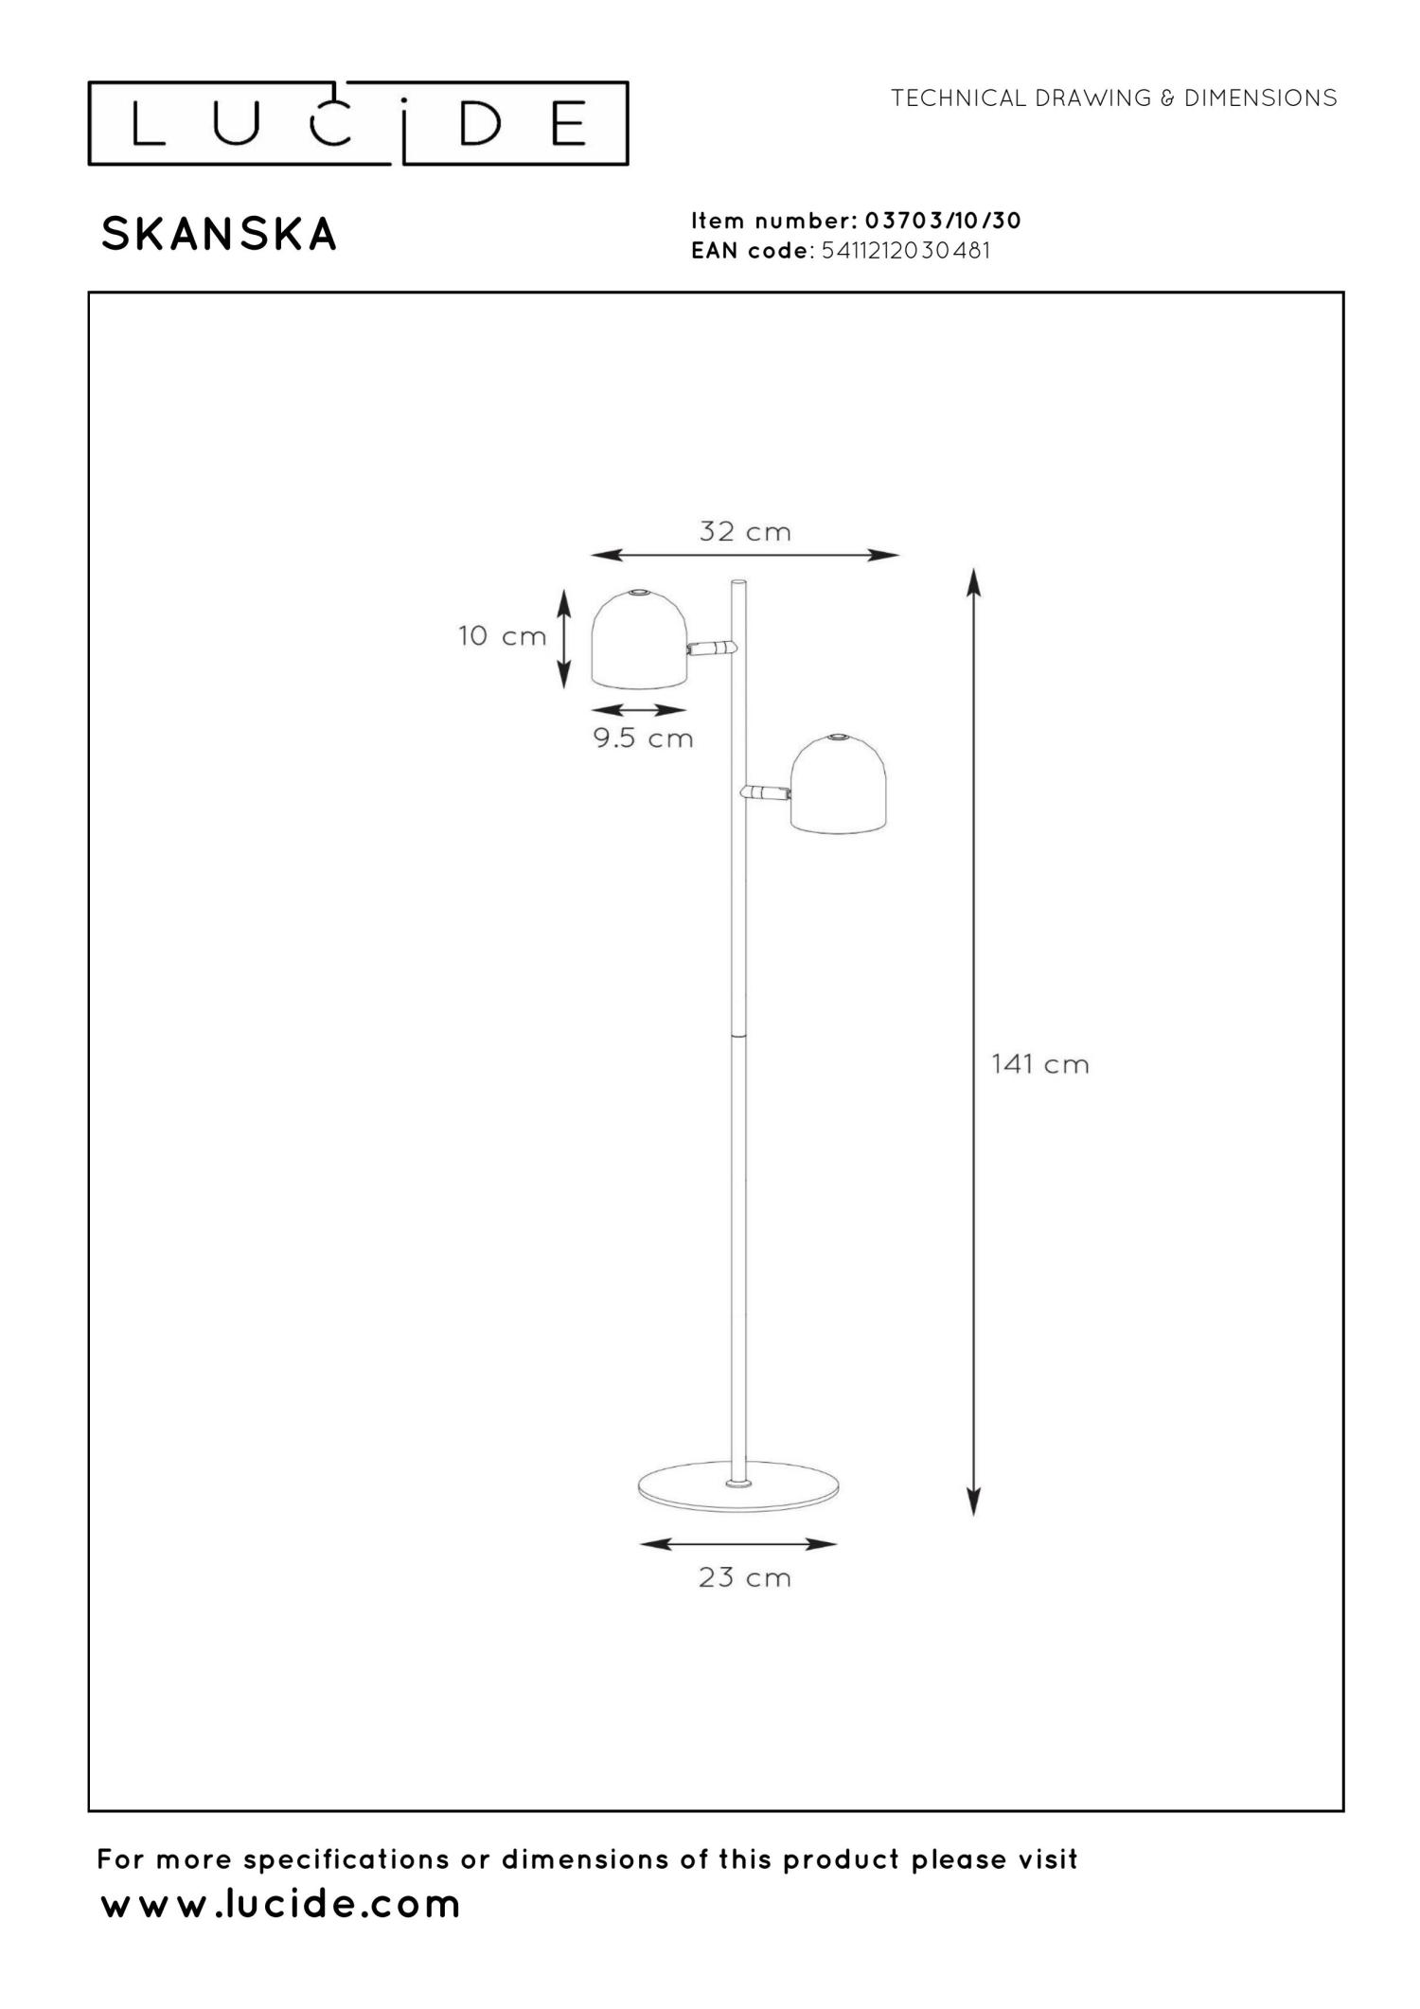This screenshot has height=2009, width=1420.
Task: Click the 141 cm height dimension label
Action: (x=1039, y=1064)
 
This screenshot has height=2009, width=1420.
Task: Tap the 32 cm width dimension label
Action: (x=745, y=531)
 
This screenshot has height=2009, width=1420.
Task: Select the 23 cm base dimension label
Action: (x=744, y=1577)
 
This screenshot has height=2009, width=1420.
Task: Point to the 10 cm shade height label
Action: (x=502, y=635)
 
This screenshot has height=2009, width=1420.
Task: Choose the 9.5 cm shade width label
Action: (x=644, y=738)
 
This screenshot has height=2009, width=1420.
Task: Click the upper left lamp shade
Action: (x=640, y=639)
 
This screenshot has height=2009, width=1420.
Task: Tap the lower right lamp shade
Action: (x=839, y=784)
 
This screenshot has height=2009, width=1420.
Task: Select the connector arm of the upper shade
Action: (x=712, y=649)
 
